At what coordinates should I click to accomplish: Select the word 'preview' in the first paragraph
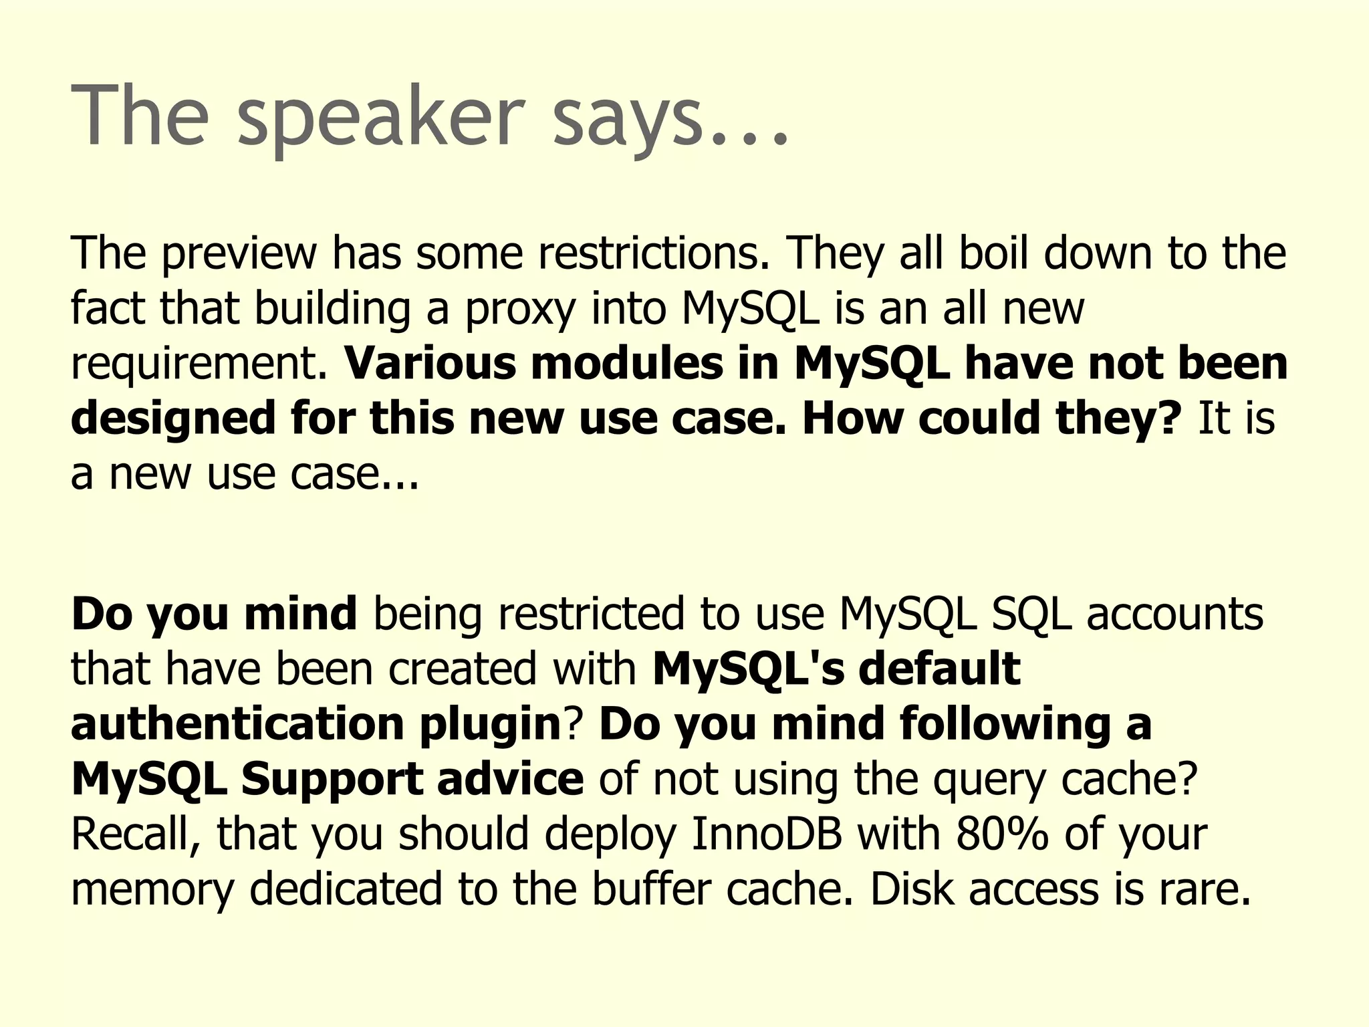pos(239,254)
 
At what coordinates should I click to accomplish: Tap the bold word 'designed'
pos(172,419)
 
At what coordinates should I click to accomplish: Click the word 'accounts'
pos(1174,614)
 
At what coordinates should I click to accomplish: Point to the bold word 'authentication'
pos(237,724)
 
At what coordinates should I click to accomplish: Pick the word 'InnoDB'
pos(766,834)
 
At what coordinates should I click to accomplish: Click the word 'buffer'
pos(650,889)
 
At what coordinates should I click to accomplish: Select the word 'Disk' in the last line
pos(911,889)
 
